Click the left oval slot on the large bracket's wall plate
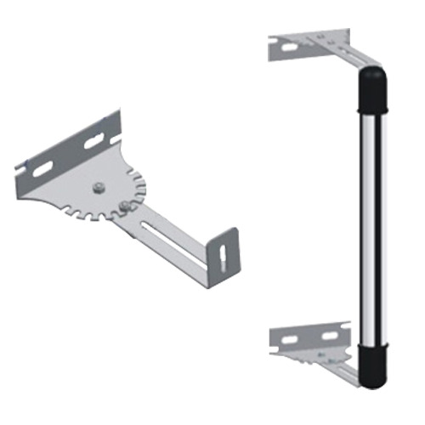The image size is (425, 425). tap(42, 170)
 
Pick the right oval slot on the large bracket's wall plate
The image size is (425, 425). tap(93, 142)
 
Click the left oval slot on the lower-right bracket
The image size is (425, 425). tap(290, 340)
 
